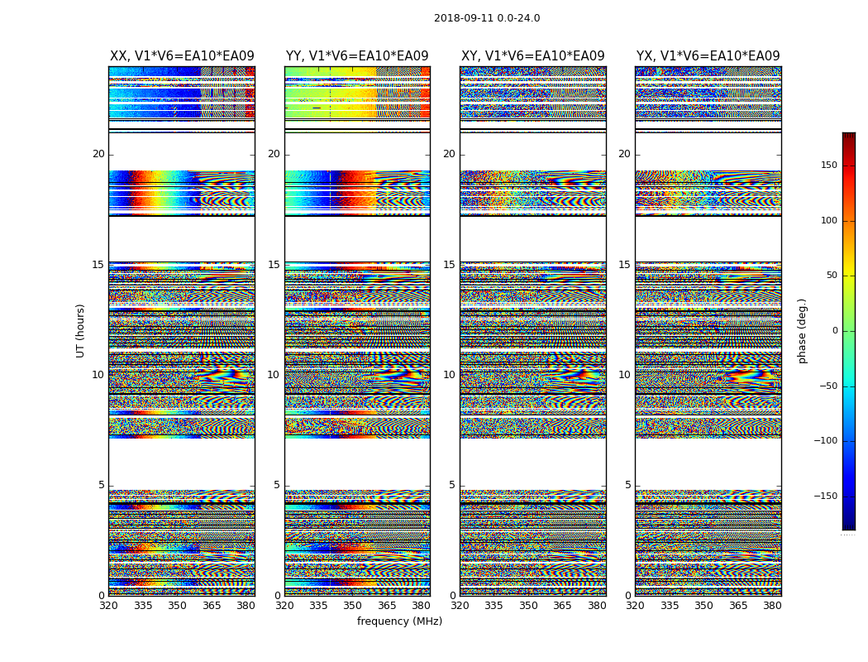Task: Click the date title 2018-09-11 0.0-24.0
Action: (x=487, y=18)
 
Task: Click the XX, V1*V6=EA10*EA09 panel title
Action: (x=182, y=56)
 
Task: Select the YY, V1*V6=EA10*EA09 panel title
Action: (x=357, y=56)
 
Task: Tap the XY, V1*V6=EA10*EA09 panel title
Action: (x=533, y=56)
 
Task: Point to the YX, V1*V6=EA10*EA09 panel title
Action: (x=708, y=56)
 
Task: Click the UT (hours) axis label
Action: (x=80, y=330)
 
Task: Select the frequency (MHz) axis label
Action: (x=399, y=621)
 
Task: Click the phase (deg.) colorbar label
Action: (x=803, y=330)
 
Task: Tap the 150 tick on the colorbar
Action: (x=851, y=165)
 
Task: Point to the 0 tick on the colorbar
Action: (x=857, y=331)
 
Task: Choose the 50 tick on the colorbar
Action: (x=854, y=276)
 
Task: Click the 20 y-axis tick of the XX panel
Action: (x=98, y=154)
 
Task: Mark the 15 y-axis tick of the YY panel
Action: (x=274, y=265)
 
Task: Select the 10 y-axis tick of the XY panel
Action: (x=449, y=375)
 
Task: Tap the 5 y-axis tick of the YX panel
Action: (x=627, y=485)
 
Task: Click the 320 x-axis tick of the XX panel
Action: (x=108, y=606)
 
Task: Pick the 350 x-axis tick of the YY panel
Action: (x=353, y=606)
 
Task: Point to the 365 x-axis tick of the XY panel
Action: (x=562, y=606)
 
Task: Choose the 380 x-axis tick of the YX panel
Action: (x=772, y=606)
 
